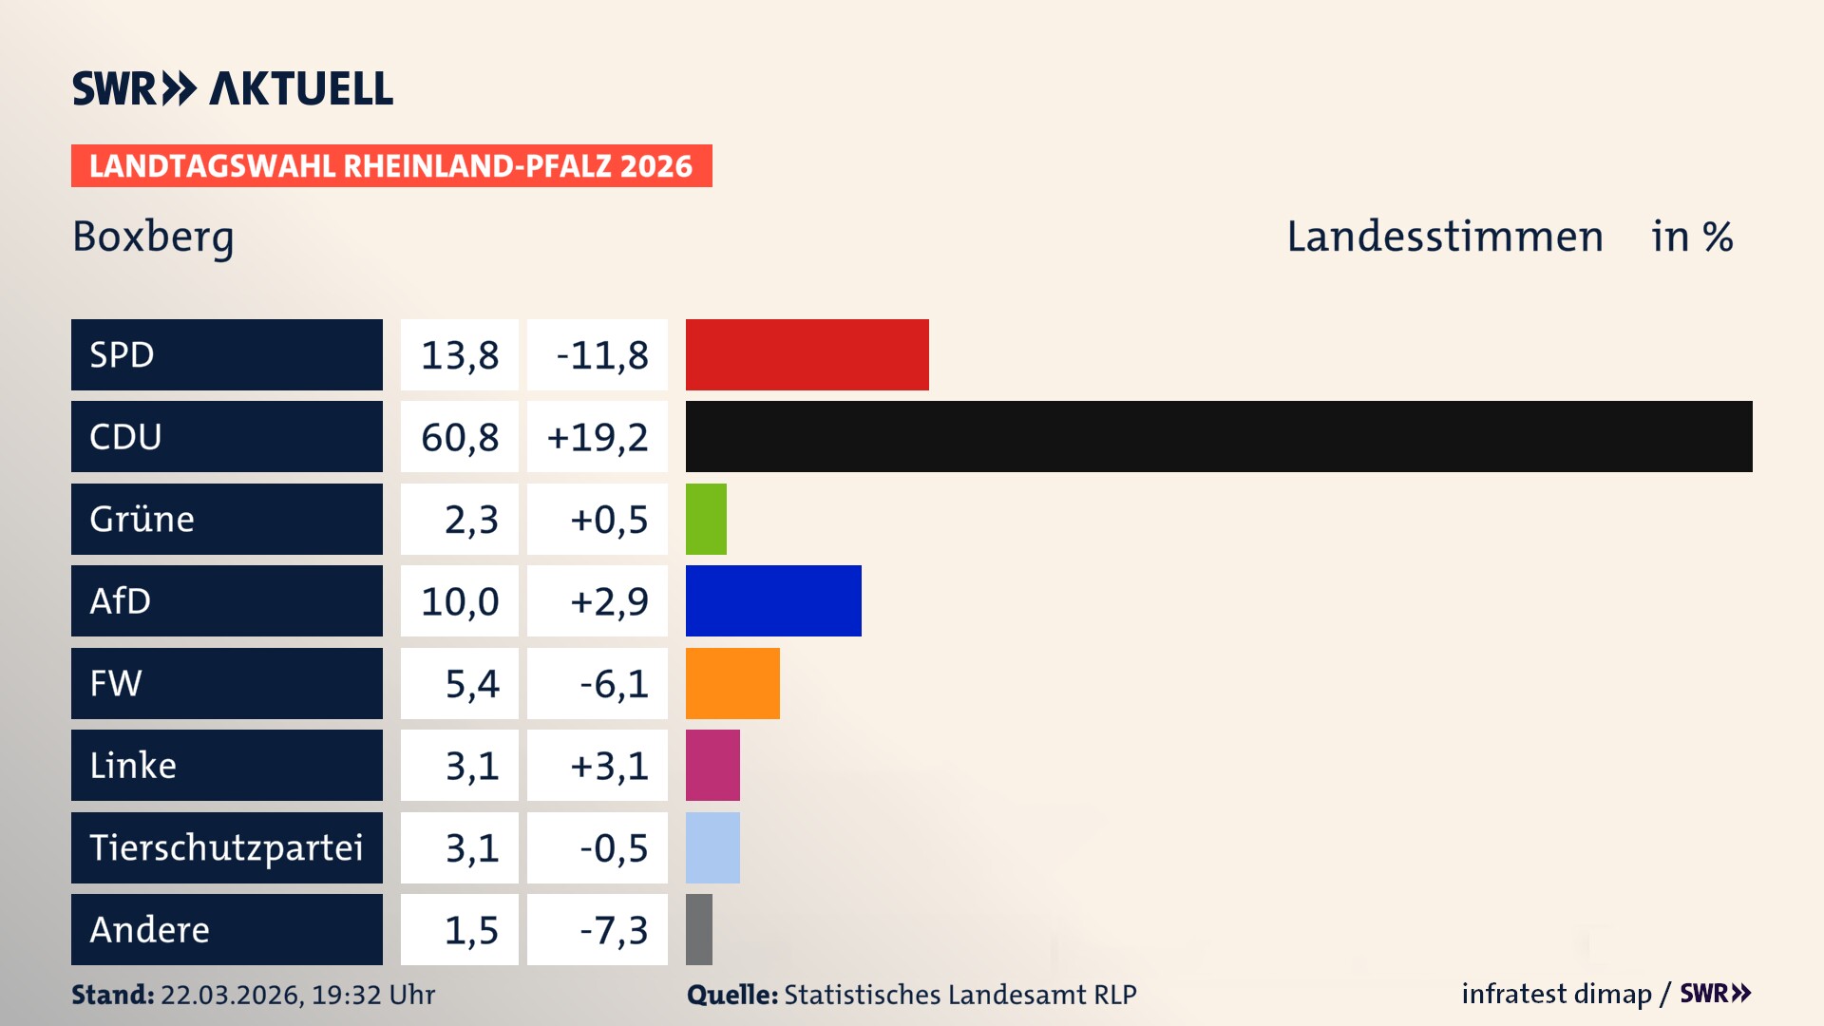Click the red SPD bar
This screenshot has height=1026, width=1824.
click(x=807, y=354)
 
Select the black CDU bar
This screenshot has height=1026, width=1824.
click(x=1218, y=436)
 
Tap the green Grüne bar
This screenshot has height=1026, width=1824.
click(x=706, y=519)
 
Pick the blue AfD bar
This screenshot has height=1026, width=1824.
click(x=773, y=600)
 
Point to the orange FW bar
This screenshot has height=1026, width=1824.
click(x=732, y=683)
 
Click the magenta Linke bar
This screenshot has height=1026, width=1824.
click(x=712, y=765)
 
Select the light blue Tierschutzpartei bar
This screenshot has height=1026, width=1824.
click(x=712, y=847)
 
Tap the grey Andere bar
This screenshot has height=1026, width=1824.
click(x=699, y=929)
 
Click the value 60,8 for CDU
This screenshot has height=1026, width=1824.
click(x=460, y=437)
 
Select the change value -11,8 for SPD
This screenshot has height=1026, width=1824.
click(x=601, y=355)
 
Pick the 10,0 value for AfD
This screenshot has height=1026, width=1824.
click(x=460, y=601)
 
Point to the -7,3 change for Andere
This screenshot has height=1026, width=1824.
click(x=614, y=930)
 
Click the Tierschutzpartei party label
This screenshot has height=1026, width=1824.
click(x=226, y=847)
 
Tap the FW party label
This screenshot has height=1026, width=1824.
click(x=116, y=683)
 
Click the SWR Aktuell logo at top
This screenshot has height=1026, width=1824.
click(x=233, y=88)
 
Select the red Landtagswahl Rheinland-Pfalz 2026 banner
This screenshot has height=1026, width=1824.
click(x=391, y=166)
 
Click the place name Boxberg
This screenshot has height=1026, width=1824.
click(x=153, y=237)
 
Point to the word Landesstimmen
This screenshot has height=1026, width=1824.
click(x=1445, y=237)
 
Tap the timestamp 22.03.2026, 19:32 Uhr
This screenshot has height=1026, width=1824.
click(x=297, y=995)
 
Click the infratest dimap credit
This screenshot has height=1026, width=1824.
click(x=1556, y=994)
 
